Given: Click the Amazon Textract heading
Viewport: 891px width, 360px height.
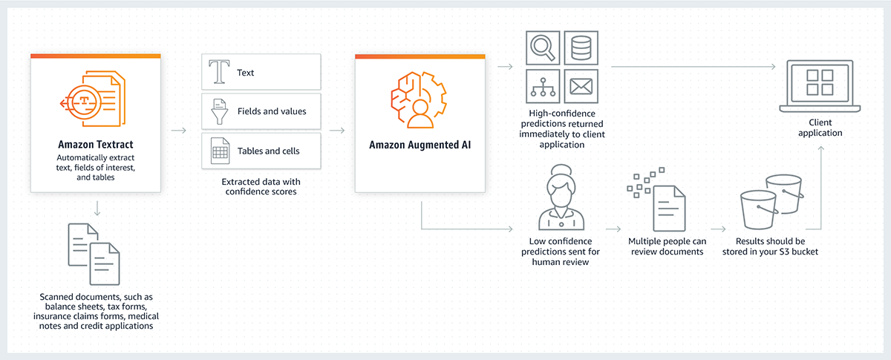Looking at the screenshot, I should pyautogui.click(x=95, y=143).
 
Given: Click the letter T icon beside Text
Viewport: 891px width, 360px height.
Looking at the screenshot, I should pyautogui.click(x=219, y=72).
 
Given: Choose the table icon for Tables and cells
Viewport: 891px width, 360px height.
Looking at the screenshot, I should pyautogui.click(x=219, y=151).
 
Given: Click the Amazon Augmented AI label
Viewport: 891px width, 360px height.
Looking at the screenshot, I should pyautogui.click(x=420, y=144).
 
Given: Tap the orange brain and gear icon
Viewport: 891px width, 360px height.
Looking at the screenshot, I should pyautogui.click(x=419, y=102).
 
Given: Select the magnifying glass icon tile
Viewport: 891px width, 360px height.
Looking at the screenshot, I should pyautogui.click(x=543, y=48).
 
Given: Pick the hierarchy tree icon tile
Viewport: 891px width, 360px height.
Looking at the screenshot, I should pyautogui.click(x=543, y=87).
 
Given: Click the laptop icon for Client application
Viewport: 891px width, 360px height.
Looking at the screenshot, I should pyautogui.click(x=820, y=84).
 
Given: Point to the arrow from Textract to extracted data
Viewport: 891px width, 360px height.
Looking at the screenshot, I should pyautogui.click(x=178, y=131).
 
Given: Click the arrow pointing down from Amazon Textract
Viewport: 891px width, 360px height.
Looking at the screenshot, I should pyautogui.click(x=97, y=206).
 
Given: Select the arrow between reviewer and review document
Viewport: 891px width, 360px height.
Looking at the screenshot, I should pyautogui.click(x=612, y=230).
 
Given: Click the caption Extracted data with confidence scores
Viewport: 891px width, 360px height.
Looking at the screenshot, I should pyautogui.click(x=261, y=187).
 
